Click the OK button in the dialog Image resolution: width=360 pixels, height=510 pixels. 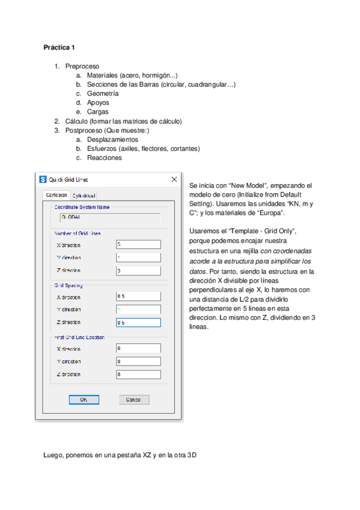[x=85, y=399]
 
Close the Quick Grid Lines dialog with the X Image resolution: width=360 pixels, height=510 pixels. [x=174, y=179]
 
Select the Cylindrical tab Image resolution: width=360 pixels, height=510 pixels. [x=84, y=195]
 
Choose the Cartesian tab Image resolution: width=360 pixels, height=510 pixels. [x=56, y=195]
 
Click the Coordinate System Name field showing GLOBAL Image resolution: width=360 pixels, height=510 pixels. [x=109, y=218]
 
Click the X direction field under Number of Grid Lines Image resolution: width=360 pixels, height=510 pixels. [x=138, y=244]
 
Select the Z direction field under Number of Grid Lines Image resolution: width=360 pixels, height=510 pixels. [x=138, y=270]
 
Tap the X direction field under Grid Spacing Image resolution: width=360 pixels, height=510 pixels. [x=138, y=296]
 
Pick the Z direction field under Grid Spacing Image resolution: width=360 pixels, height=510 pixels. [x=138, y=322]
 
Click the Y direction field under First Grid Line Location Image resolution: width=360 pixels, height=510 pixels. [x=138, y=361]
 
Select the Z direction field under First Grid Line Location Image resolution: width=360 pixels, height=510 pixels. [x=138, y=375]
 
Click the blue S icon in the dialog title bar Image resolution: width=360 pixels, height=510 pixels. [x=43, y=179]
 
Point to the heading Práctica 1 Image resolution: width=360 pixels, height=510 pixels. [x=59, y=46]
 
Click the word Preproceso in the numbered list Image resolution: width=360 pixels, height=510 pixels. [x=82, y=66]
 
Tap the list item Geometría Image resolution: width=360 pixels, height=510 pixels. [x=102, y=93]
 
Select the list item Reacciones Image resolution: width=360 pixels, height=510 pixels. [x=104, y=158]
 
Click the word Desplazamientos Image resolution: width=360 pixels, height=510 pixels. [x=112, y=140]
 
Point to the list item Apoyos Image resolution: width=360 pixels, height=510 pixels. [x=98, y=102]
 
